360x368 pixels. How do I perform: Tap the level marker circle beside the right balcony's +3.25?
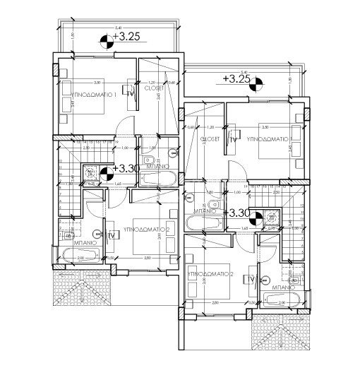pyautogui.click(x=254, y=79)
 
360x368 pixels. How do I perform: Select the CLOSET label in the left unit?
pyautogui.click(x=155, y=88)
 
